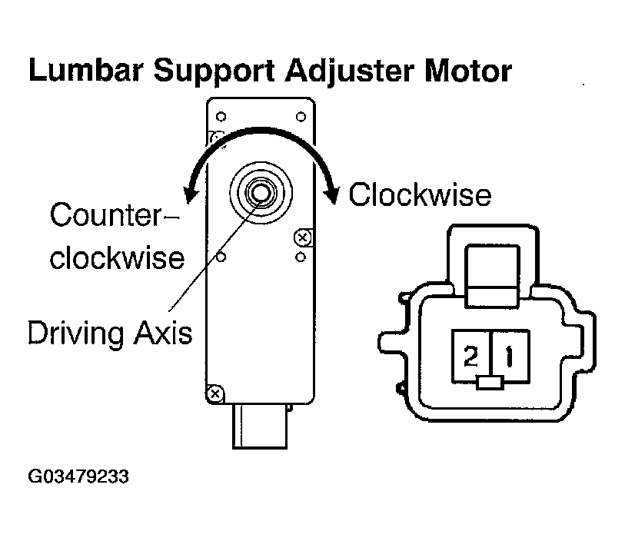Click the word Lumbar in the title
(85, 70)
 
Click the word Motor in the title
(468, 71)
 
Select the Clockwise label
(420, 194)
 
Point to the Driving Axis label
(110, 333)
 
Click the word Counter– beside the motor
(115, 215)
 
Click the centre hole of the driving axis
(261, 193)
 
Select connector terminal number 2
(470, 356)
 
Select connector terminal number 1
(510, 356)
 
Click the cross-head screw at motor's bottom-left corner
(215, 394)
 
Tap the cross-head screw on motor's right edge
(303, 237)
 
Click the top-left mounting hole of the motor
(221, 117)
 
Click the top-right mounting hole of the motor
(301, 117)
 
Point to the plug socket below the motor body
(260, 426)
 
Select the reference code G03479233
(78, 476)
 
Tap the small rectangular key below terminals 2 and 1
(490, 383)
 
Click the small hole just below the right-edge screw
(301, 257)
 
